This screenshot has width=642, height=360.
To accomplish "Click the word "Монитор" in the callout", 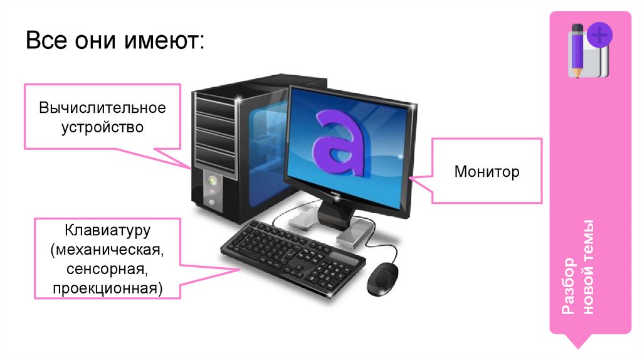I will click(x=487, y=171).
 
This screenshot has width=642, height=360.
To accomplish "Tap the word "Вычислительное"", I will click(x=103, y=107).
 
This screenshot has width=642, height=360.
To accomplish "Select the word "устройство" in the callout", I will click(x=102, y=127).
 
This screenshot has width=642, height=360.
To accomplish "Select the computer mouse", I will click(x=382, y=277).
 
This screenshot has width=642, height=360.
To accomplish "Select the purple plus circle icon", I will click(x=599, y=35).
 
